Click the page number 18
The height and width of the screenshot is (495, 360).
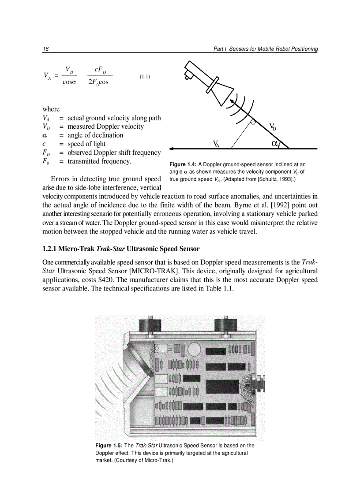[45, 49]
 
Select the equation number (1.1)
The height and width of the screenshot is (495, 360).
[145, 77]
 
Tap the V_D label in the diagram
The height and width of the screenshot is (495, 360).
[273, 127]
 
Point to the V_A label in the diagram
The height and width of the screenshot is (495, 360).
[216, 144]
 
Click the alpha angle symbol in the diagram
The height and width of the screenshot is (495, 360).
[275, 143]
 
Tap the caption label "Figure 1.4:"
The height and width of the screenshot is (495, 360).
[183, 165]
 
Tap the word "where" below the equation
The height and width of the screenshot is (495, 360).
[51, 109]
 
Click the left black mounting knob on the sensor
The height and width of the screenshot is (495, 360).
[149, 327]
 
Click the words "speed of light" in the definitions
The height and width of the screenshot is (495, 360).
[86, 144]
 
